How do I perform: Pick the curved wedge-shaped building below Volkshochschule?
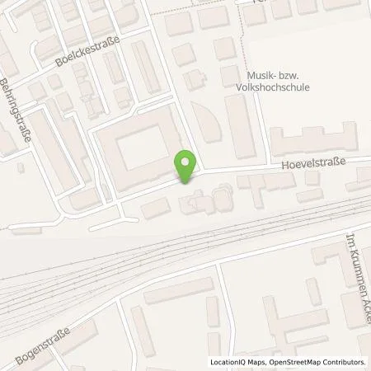[x=206, y=124]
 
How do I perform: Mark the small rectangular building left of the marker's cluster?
[x=155, y=209]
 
